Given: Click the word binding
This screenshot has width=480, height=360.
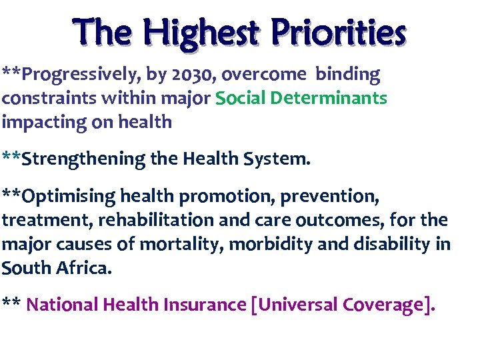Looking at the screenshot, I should [347, 75].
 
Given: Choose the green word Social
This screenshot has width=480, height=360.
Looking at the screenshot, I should [243, 99].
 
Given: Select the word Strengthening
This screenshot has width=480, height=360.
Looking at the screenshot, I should [83, 159].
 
